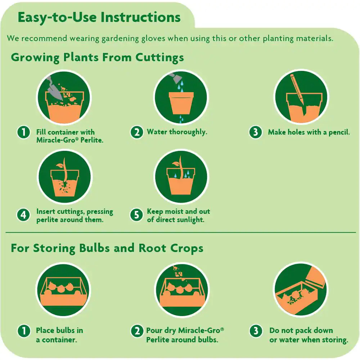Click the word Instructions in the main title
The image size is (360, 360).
pos(140,17)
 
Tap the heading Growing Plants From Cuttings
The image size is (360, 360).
pos(97,57)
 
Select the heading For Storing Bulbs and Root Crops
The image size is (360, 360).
pos(107,248)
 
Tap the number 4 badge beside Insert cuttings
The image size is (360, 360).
pos(23,215)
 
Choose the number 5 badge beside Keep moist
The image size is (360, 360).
pos(136,215)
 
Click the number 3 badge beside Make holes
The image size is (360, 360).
pos(256,132)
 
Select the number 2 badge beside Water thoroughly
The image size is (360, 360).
pos(137,132)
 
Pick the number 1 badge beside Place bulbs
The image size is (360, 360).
pos(24,331)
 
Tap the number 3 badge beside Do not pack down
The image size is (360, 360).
pos(256,331)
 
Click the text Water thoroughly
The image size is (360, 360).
pos(177,132)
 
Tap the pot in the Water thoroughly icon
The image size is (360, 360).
pos(181,103)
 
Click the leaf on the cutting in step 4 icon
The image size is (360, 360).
pos(60,165)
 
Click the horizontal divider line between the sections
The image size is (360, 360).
pos(181,233)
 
